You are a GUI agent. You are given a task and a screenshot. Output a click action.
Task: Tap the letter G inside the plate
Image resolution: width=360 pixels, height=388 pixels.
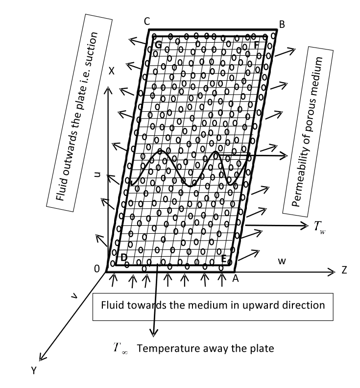[158, 45]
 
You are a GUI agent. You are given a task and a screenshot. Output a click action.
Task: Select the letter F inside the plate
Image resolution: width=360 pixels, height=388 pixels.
[257, 45]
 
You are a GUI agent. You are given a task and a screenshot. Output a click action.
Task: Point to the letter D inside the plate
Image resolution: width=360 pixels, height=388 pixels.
[124, 258]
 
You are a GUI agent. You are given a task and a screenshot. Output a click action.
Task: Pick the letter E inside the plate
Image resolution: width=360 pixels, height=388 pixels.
[224, 259]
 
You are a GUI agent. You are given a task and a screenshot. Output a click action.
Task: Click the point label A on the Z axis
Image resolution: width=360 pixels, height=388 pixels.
[235, 278]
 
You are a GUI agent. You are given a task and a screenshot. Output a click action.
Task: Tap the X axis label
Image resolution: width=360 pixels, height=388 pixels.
[112, 71]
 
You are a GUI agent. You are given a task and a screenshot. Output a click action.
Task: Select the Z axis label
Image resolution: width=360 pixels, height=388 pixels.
[344, 270]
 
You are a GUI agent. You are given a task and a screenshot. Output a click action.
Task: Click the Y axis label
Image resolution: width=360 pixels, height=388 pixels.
[34, 371]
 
